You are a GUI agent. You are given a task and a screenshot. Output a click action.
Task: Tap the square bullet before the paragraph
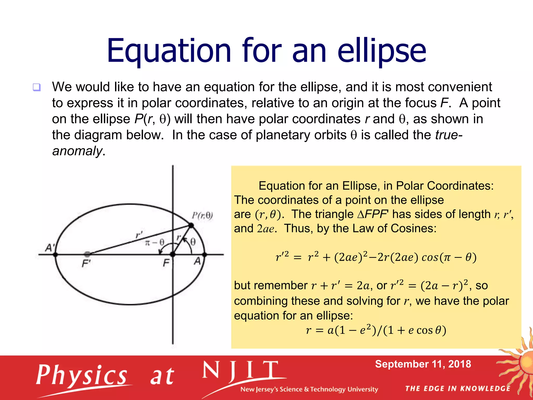pos(37,87)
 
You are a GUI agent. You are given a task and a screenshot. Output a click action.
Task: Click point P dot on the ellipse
pos(191,225)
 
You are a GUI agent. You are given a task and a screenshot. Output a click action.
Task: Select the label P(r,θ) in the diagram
pos(202,216)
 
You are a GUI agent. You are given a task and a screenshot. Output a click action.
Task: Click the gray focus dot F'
pos(87,254)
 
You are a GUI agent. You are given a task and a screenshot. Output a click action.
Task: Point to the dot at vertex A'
pos(55,254)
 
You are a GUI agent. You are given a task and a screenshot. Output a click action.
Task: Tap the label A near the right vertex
pos(198,261)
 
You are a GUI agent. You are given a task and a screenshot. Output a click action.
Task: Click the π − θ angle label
pos(155,243)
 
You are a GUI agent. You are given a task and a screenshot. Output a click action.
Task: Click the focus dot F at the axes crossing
pos(173,254)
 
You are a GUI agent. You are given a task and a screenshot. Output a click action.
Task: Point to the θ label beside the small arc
pos(193,242)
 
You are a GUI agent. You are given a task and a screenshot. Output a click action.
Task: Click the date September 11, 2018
pos(423,364)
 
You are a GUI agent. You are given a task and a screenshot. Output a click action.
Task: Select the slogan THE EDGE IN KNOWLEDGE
pos(458,389)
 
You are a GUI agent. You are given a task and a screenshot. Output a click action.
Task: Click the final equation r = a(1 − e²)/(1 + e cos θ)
pos(376,330)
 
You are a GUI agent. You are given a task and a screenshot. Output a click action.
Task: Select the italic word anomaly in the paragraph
pos(77,151)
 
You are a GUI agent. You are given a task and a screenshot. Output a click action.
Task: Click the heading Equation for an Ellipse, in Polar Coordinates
pos(376,186)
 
